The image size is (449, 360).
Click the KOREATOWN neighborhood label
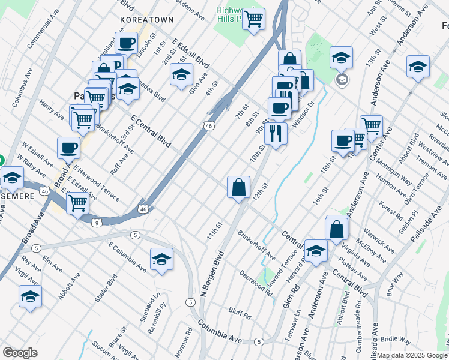point(147,20)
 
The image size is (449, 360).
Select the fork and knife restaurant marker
point(276,133)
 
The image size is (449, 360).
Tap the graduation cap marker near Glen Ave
point(181,74)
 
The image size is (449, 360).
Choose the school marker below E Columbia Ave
point(161,259)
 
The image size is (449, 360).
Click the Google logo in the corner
point(20,353)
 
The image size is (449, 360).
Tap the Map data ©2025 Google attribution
point(412,355)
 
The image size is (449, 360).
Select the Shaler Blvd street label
point(106,290)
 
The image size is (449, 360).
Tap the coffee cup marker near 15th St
point(343,141)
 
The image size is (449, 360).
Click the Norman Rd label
point(188,339)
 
